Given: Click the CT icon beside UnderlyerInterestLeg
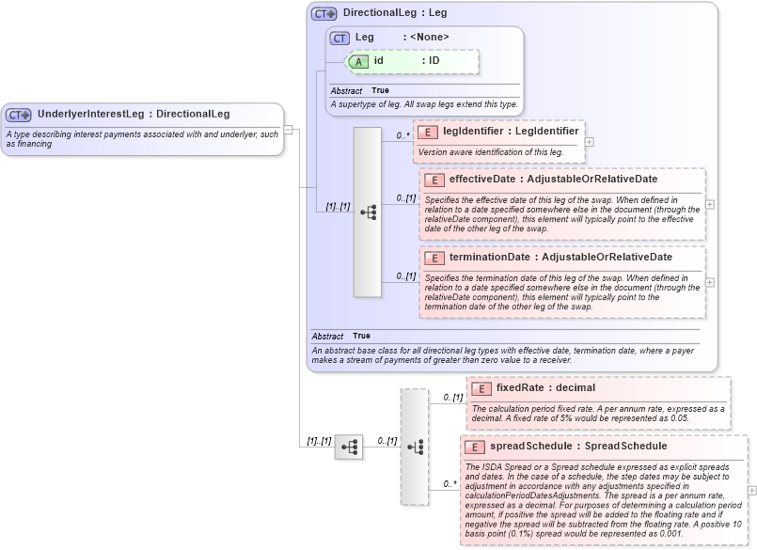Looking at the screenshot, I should [x=19, y=115].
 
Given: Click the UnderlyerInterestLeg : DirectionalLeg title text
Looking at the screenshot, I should [x=133, y=115].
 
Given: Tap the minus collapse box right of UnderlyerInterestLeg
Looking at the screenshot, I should [x=289, y=130].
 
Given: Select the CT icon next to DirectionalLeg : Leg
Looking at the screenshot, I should [x=324, y=14].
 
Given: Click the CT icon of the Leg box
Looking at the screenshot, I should [x=339, y=38].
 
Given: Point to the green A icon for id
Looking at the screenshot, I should [x=358, y=61].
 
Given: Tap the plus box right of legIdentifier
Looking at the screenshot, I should [x=590, y=142].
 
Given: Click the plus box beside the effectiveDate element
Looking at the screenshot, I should [x=710, y=204].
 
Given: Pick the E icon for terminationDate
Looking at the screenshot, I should [x=434, y=258].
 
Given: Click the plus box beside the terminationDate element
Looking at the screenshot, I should [x=710, y=282].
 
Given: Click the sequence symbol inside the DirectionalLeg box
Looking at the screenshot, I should [x=368, y=213].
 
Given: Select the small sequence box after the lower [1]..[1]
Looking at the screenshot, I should [x=348, y=448].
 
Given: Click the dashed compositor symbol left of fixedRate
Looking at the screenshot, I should [x=414, y=448].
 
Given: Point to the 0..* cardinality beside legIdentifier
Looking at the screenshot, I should [x=402, y=135].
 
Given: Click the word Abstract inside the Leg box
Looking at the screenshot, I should [x=346, y=90].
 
